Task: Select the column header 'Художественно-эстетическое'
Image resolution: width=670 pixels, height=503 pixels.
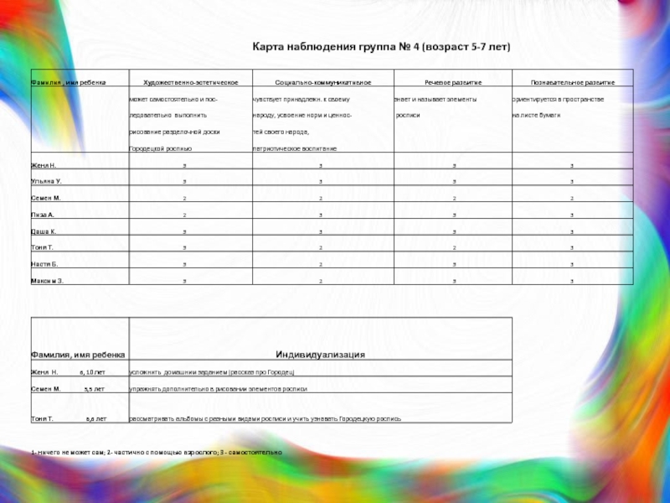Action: click(191, 83)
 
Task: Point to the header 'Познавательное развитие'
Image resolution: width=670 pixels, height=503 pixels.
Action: click(573, 83)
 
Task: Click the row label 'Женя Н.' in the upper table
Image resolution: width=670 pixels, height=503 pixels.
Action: click(44, 165)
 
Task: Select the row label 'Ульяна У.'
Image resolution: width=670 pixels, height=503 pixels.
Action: click(46, 181)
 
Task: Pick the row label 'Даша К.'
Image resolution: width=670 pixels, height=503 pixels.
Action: click(44, 231)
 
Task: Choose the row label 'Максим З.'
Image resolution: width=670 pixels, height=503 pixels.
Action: click(47, 281)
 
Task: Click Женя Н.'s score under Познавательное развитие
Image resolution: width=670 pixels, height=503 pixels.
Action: click(572, 165)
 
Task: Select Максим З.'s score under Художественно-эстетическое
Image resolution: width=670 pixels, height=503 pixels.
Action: click(184, 281)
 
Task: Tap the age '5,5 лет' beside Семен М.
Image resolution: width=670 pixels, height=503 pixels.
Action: click(95, 389)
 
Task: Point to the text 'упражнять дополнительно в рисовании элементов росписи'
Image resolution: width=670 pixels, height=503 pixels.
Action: click(218, 389)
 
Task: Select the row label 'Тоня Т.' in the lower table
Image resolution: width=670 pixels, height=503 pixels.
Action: click(42, 417)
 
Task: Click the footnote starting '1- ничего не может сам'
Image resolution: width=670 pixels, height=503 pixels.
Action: click(157, 452)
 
